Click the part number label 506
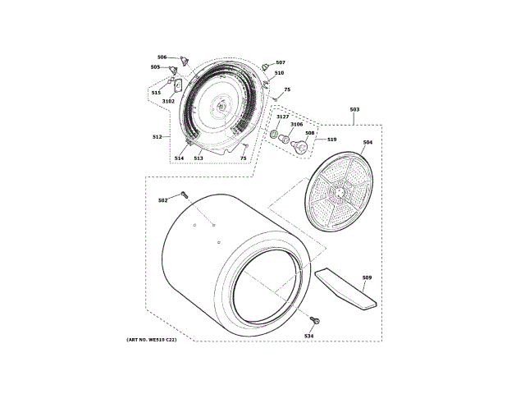pyautogui.click(x=162, y=57)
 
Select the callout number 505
pyautogui.click(x=155, y=67)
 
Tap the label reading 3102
pyautogui.click(x=168, y=101)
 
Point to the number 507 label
pyautogui.click(x=281, y=63)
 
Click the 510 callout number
pyautogui.click(x=279, y=73)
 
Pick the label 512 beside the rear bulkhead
pyautogui.click(x=157, y=136)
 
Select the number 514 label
pyautogui.click(x=179, y=158)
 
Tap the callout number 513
pyautogui.click(x=199, y=158)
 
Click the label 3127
pyautogui.click(x=282, y=117)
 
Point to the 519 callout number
pyautogui.click(x=332, y=140)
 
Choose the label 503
pyautogui.click(x=354, y=110)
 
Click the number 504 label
pyautogui.click(x=367, y=143)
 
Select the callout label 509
pyautogui.click(x=367, y=277)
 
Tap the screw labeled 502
pyautogui.click(x=185, y=195)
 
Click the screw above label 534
pyautogui.click(x=316, y=321)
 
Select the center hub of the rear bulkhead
pyautogui.click(x=221, y=106)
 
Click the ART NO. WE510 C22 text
pyautogui.click(x=152, y=340)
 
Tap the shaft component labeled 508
pyautogui.click(x=301, y=147)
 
